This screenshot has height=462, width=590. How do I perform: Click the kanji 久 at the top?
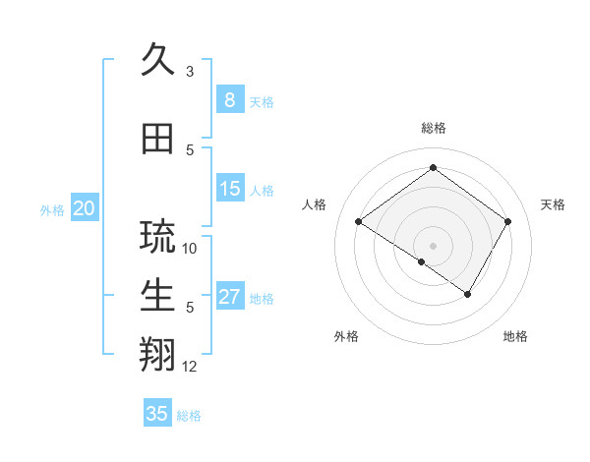tap(158, 61)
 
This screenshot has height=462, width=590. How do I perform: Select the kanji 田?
tap(158, 140)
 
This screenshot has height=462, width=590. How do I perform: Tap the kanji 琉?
tap(158, 237)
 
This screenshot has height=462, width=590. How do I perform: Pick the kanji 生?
tap(158, 296)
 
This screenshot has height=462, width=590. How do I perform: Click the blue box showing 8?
tap(229, 99)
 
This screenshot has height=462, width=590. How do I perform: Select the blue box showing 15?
tap(229, 189)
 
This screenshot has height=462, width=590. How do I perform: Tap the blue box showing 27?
tap(229, 297)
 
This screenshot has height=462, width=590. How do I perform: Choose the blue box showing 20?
tap(85, 208)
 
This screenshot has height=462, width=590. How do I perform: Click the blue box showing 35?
tap(157, 414)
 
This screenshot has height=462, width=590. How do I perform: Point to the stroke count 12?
tap(191, 367)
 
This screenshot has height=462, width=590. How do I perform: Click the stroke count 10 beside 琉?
tap(191, 249)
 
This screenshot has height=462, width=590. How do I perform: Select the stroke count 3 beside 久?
tap(191, 72)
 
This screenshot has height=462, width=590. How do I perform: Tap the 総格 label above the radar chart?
tap(433, 128)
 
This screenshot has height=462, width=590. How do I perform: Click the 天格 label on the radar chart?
tap(553, 204)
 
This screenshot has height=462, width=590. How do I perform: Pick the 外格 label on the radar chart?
tap(346, 336)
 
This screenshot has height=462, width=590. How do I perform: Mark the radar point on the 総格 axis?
tap(433, 167)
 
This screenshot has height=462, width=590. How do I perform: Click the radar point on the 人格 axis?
tap(359, 222)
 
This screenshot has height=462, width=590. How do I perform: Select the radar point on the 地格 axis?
tap(468, 294)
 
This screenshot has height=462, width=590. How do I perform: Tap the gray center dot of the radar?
tap(433, 245)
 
